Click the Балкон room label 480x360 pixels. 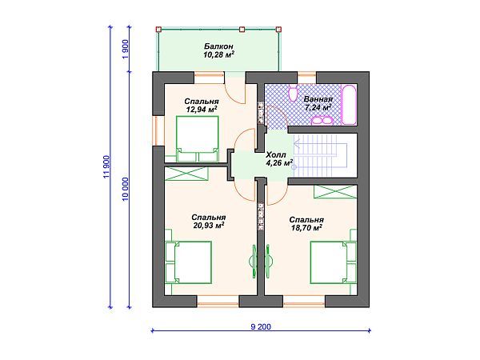(218, 46)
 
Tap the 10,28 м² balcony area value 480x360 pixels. (218, 54)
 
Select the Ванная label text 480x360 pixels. (318, 99)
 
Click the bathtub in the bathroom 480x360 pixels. (350, 104)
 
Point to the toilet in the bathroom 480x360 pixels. (294, 93)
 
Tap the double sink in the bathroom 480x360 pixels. (322, 120)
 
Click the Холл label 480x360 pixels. (276, 154)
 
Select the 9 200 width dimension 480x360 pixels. (261, 326)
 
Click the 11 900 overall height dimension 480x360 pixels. (107, 167)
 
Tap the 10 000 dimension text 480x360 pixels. (126, 190)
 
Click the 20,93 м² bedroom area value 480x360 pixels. (208, 226)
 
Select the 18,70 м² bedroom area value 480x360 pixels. (306, 228)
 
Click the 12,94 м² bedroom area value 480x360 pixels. (201, 110)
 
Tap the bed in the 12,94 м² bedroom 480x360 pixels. (197, 138)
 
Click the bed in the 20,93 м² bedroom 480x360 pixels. (188, 262)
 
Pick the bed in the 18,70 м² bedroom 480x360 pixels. (334, 262)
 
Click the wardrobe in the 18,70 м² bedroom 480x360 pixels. (335, 192)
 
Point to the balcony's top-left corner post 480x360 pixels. (158, 30)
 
